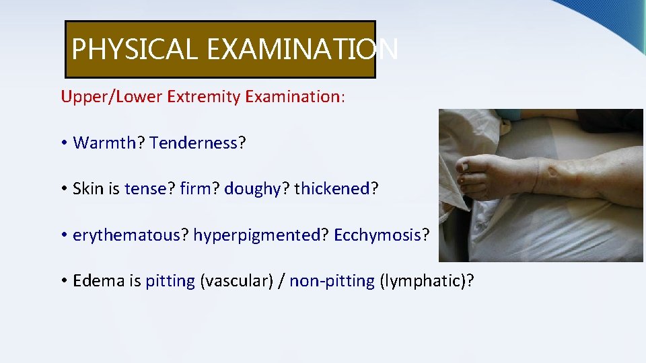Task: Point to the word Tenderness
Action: pyautogui.click(x=194, y=143)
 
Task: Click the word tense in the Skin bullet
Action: pyautogui.click(x=146, y=189)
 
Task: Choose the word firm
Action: pyautogui.click(x=195, y=189)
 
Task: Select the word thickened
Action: pyautogui.click(x=332, y=189)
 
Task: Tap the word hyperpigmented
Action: pyautogui.click(x=256, y=235)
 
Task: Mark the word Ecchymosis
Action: pyautogui.click(x=378, y=235)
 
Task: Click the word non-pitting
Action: pyautogui.click(x=332, y=281)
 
